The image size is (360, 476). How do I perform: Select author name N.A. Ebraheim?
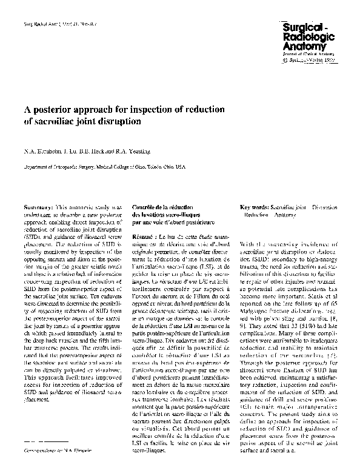pyautogui.click(x=38, y=152)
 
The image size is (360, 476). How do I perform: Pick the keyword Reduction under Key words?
pyautogui.click(x=255, y=215)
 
